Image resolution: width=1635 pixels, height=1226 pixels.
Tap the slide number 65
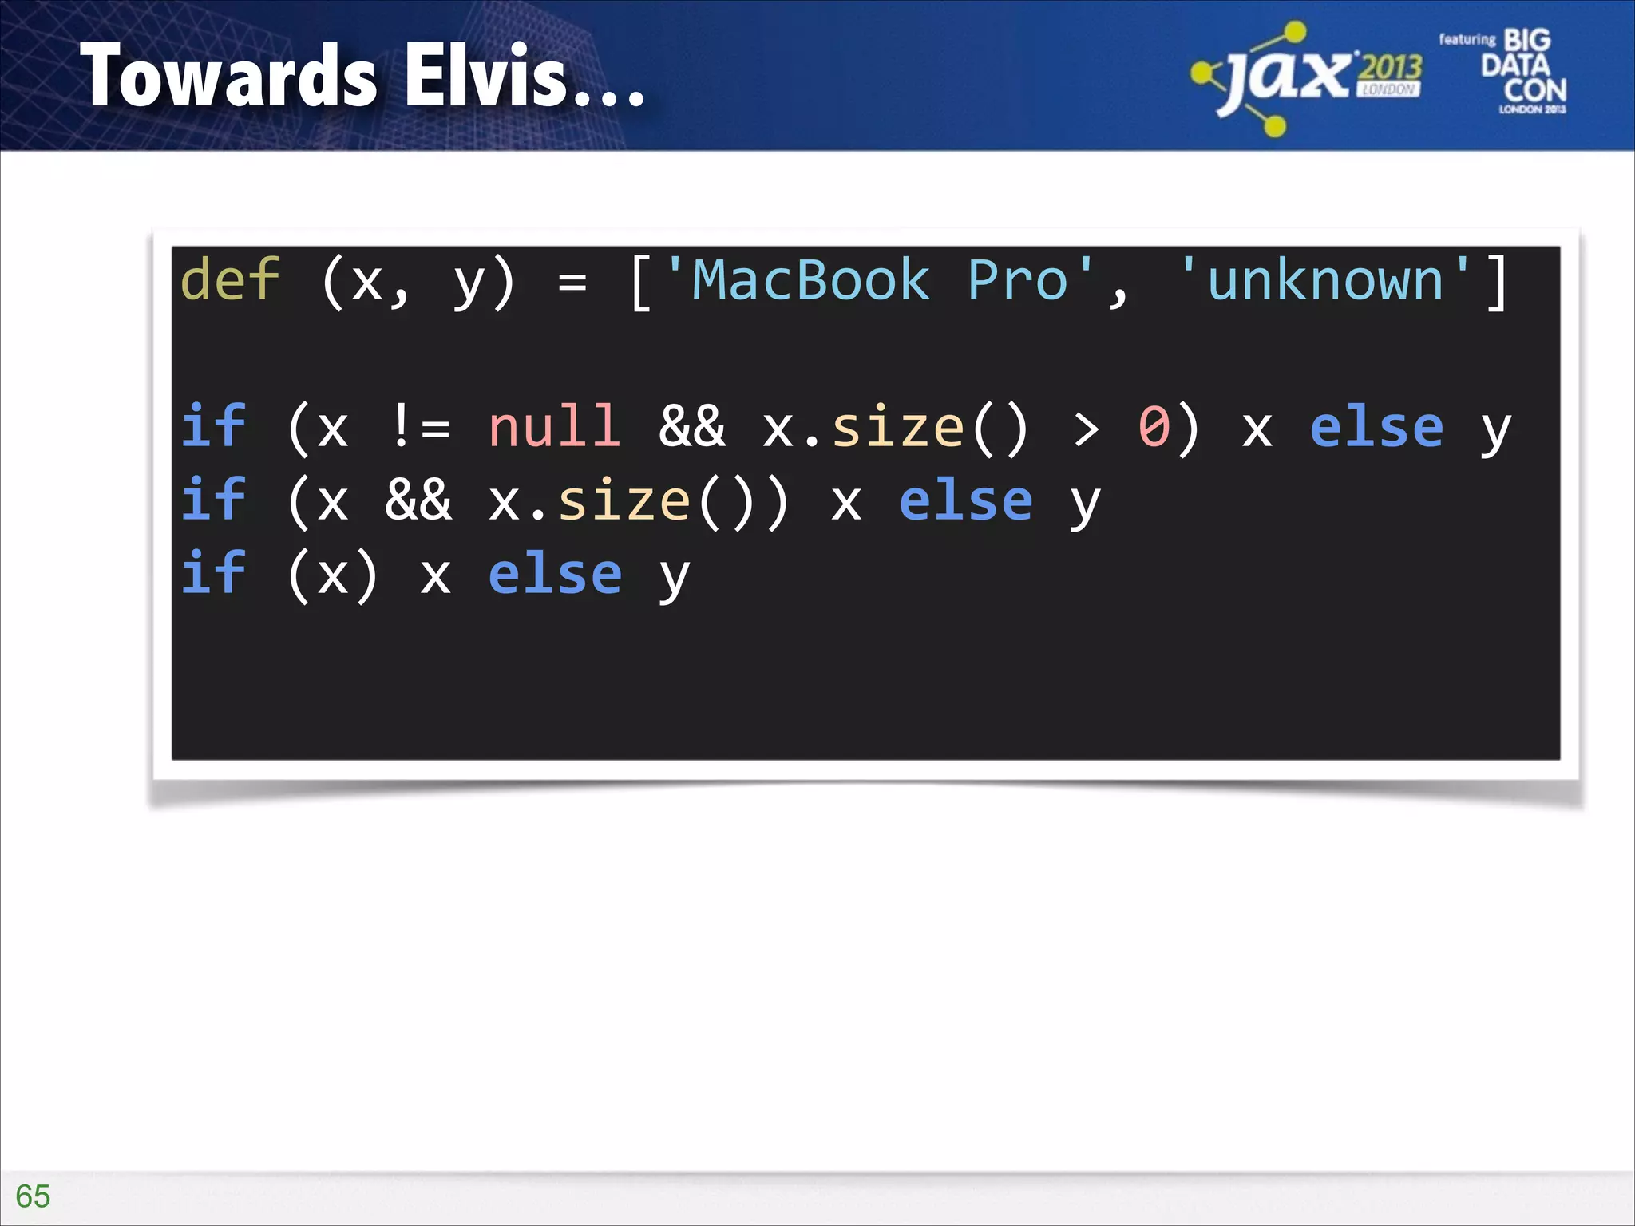(33, 1196)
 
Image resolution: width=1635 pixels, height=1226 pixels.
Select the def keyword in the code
(230, 280)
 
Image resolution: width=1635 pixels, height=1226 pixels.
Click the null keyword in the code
(554, 427)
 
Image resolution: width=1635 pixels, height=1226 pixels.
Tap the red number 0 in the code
(1154, 427)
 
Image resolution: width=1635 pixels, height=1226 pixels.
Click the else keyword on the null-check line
(1376, 427)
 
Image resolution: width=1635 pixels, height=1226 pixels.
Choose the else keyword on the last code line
(555, 574)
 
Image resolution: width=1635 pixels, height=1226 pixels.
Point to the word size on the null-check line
(897, 427)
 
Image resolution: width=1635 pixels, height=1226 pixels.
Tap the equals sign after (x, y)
(572, 282)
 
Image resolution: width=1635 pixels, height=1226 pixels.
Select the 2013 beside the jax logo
(1390, 68)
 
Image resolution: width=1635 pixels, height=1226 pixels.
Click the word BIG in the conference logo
(1526, 40)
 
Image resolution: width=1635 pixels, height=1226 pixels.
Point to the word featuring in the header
(1467, 39)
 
